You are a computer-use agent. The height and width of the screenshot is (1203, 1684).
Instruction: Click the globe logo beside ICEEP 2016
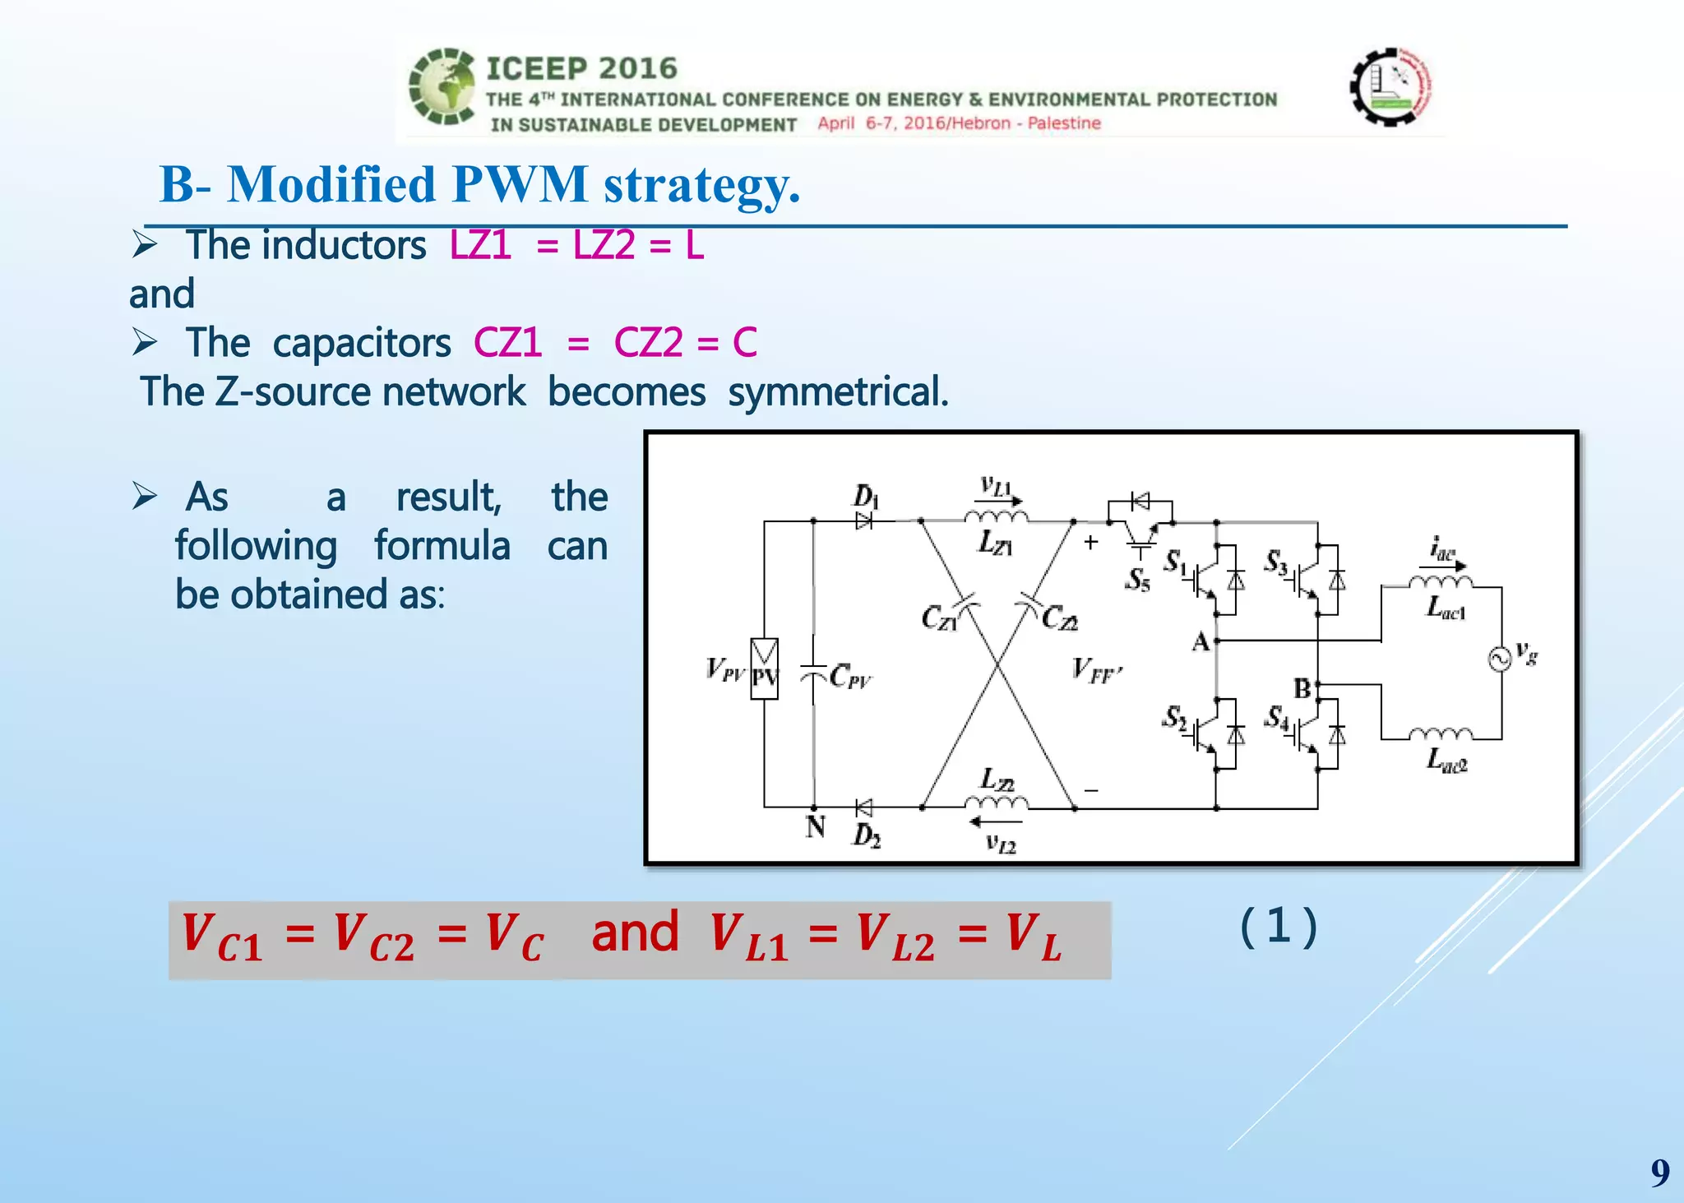click(442, 87)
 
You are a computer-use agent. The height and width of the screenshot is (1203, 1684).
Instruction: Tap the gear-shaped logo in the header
click(1391, 86)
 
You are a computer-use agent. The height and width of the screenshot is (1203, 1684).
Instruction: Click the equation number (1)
click(1278, 927)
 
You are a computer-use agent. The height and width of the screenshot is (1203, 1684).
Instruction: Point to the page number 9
click(1659, 1172)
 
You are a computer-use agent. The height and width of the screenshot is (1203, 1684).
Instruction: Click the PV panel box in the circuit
click(764, 669)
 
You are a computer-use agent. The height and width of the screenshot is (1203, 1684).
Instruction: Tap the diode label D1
click(865, 496)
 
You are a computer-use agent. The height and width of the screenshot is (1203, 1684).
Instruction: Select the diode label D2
click(867, 836)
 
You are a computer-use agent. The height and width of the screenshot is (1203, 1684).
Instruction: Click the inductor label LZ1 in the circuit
click(995, 543)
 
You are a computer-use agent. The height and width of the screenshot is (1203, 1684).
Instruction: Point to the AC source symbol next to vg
click(1500, 659)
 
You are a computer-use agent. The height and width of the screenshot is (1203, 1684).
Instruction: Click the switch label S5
click(1138, 580)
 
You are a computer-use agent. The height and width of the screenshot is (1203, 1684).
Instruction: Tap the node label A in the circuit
click(1201, 642)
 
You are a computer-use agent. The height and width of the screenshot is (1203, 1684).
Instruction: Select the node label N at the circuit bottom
click(815, 826)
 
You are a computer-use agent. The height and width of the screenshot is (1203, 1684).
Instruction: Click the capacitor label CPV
click(850, 677)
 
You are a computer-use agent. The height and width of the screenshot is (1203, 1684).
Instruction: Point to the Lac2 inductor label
click(1446, 760)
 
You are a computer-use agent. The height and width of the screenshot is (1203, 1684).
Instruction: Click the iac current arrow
click(1444, 565)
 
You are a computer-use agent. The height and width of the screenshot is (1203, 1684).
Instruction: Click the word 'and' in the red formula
click(635, 933)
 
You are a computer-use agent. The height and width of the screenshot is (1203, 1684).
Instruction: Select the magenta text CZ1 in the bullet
click(507, 343)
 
